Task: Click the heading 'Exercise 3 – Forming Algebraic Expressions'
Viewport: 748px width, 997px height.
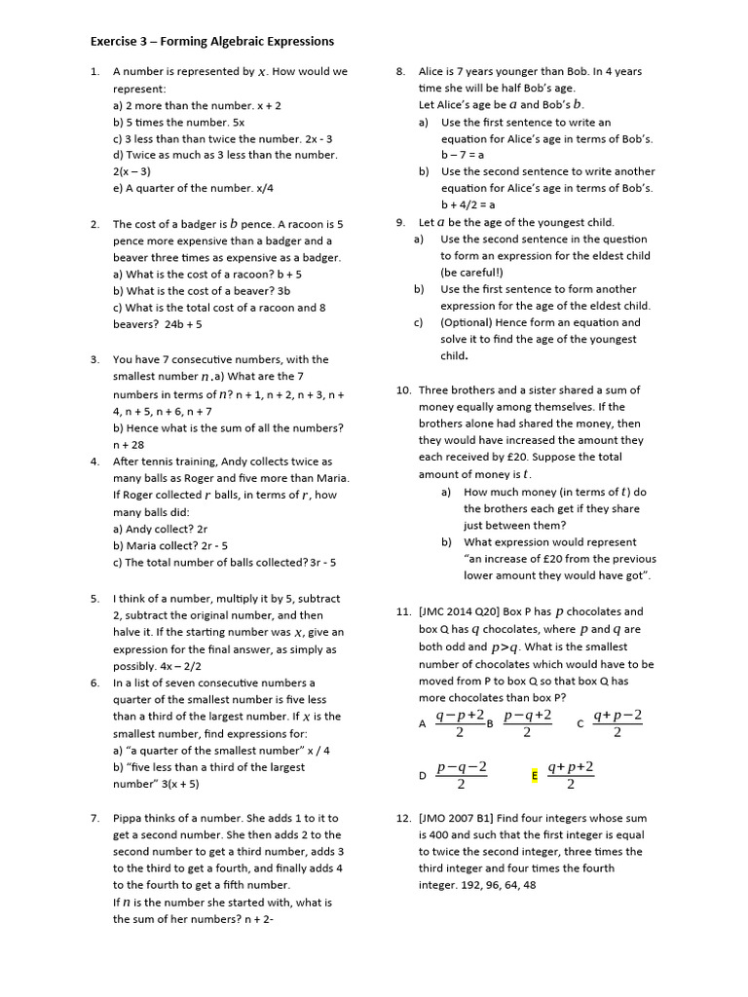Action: coord(211,41)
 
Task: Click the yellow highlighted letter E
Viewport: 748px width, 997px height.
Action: coord(534,776)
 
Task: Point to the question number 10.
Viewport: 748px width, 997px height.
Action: coord(403,390)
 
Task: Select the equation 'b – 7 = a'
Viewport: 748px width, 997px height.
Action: coord(463,155)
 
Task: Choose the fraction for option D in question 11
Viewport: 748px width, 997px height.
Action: coord(461,776)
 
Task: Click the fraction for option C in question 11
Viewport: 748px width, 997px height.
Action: coord(617,723)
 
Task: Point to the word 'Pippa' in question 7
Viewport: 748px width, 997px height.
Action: coord(129,819)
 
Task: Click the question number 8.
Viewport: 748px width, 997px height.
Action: coord(400,71)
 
